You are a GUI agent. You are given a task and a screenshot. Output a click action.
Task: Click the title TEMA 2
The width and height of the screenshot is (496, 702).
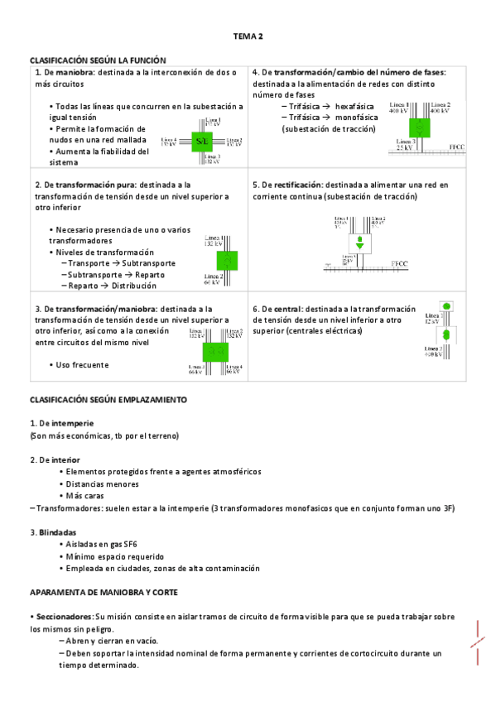[x=248, y=36]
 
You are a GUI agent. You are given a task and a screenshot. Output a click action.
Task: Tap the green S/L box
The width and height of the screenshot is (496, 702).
[x=202, y=142]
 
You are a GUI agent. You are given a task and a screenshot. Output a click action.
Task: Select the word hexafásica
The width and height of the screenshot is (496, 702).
[x=354, y=107]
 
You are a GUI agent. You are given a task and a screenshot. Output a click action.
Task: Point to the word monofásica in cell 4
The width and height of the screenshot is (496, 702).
[x=356, y=118]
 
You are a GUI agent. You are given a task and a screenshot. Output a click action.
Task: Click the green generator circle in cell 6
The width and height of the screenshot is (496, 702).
[x=445, y=306]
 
